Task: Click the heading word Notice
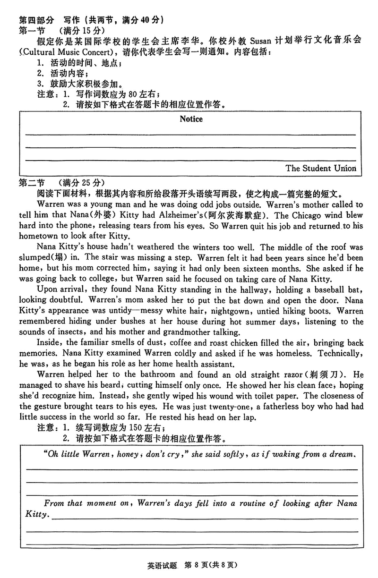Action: click(x=191, y=119)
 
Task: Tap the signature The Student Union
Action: click(x=321, y=168)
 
